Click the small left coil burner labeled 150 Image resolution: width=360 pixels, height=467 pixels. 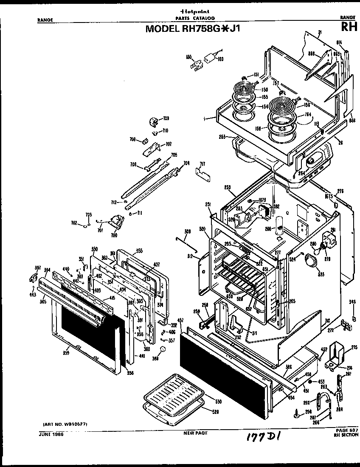point(243,92)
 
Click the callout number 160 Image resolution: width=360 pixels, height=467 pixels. point(220,59)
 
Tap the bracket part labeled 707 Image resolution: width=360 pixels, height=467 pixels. point(153,147)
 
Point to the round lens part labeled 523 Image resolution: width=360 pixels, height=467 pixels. point(313,262)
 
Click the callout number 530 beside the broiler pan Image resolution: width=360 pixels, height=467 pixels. point(218,401)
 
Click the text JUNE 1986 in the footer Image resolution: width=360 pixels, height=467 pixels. point(51,433)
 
